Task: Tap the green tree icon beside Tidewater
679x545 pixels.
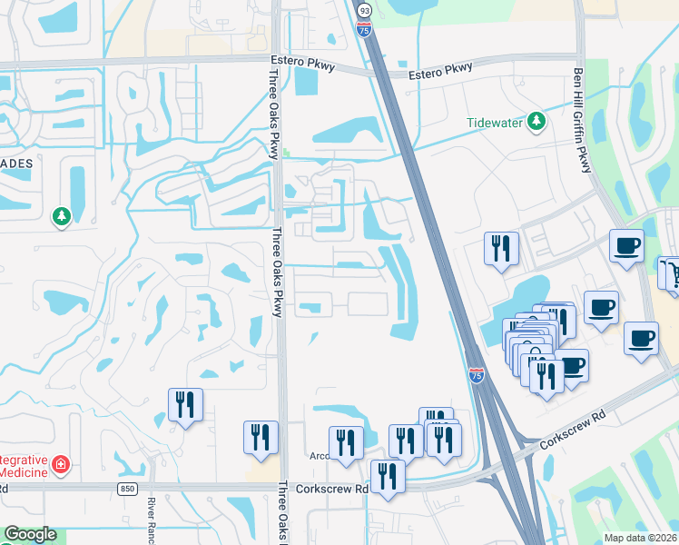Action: [x=536, y=121]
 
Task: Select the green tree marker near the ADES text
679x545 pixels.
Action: [x=62, y=217]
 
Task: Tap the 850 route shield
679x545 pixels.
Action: [x=128, y=488]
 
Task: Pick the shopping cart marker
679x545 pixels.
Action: [x=672, y=272]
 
